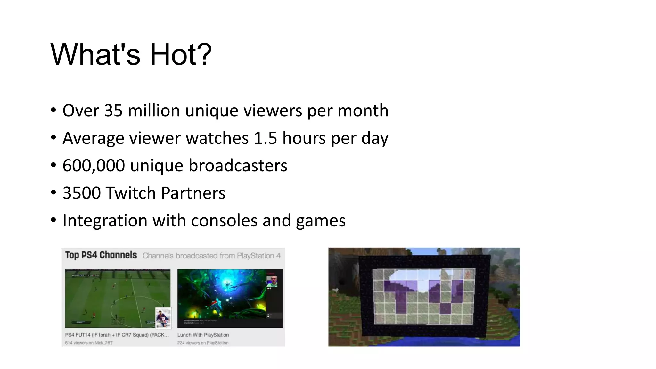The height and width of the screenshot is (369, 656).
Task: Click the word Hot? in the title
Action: [x=181, y=55]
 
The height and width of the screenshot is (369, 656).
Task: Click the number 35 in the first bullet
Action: [x=113, y=111]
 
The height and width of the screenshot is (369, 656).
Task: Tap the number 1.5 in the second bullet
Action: [x=265, y=138]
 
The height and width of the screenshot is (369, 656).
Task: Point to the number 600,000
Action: [x=94, y=166]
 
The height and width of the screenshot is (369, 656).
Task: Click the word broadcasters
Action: [x=238, y=166]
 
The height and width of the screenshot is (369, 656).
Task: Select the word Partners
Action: [x=193, y=193]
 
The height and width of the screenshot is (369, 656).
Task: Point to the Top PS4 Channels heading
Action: [x=101, y=255]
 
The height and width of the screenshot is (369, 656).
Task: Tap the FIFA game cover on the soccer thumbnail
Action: [x=163, y=318]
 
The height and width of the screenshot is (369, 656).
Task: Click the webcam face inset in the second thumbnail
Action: [x=273, y=281]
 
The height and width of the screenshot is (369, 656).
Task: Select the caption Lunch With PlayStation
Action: [x=203, y=335]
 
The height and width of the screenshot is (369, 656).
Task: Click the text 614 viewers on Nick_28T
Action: [x=89, y=343]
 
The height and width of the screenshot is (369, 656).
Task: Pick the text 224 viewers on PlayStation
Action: [x=203, y=343]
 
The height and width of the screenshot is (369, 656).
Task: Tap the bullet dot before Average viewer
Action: [x=53, y=138]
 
